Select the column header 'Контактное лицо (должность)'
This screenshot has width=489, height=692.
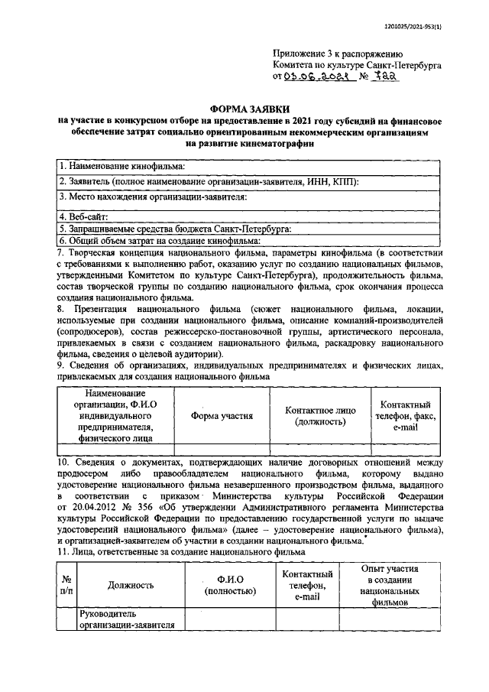[319, 415]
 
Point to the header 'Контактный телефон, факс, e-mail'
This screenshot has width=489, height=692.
[405, 415]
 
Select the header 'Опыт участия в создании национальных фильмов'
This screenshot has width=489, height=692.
[390, 585]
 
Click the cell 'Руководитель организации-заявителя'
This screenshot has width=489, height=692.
[128, 620]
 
